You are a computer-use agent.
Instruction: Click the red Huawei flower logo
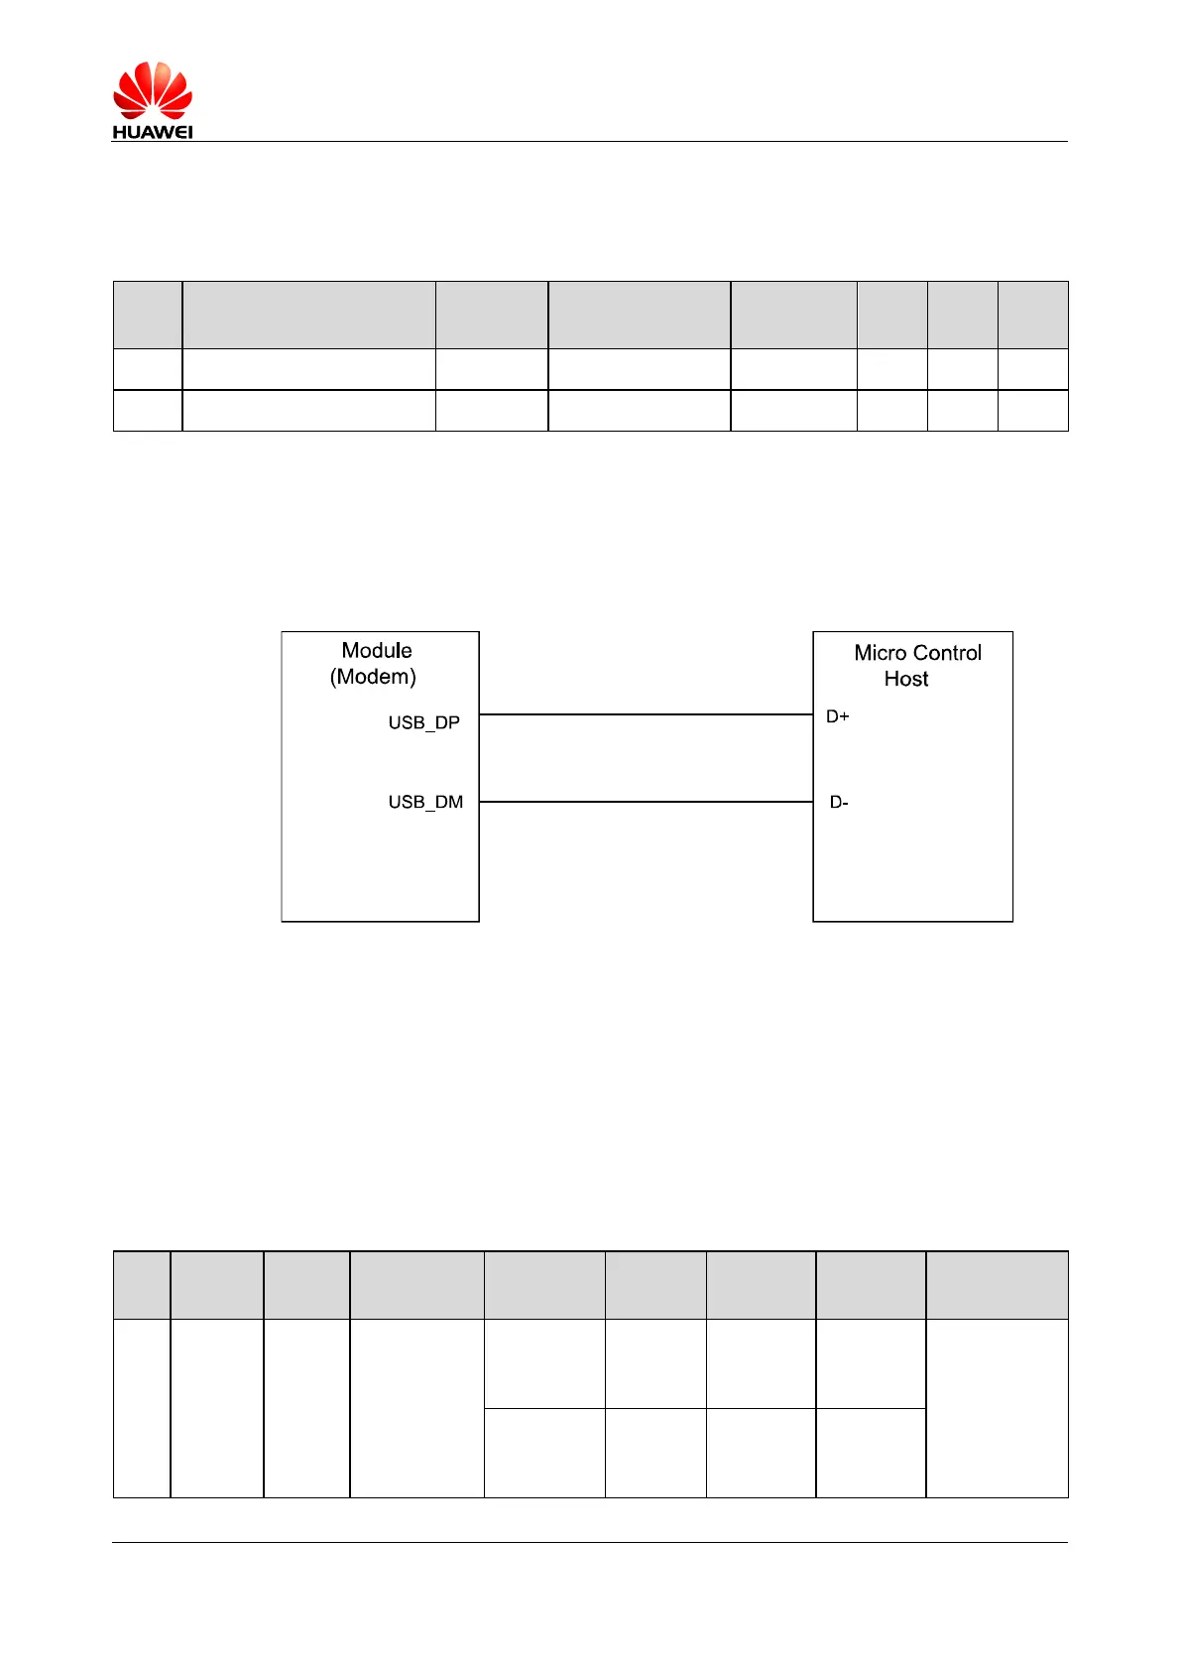(x=152, y=90)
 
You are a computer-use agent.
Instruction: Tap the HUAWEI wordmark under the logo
(x=152, y=132)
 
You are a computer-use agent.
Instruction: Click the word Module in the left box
(x=377, y=651)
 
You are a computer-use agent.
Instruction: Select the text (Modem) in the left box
(x=373, y=677)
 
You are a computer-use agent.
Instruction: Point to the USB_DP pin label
(x=423, y=722)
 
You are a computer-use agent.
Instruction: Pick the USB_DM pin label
(x=425, y=802)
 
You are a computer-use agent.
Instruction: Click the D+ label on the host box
(x=838, y=716)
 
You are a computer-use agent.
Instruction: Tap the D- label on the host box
(x=839, y=803)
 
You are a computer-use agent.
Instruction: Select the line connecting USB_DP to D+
(x=646, y=714)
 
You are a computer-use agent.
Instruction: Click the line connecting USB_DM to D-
(x=646, y=802)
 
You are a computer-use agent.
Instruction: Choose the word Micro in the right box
(x=880, y=653)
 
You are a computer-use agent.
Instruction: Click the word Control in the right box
(x=947, y=653)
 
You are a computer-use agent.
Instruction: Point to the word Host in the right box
(x=906, y=679)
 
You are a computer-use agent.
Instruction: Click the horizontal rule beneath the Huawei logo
(x=635, y=141)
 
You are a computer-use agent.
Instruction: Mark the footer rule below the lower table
(x=590, y=1542)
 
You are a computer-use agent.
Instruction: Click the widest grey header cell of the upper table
(x=308, y=315)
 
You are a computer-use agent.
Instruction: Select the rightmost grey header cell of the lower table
(x=997, y=1285)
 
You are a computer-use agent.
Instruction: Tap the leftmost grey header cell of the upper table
(x=148, y=315)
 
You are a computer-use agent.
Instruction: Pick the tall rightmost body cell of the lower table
(x=997, y=1407)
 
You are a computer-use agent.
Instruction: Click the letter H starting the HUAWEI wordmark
(x=119, y=132)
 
